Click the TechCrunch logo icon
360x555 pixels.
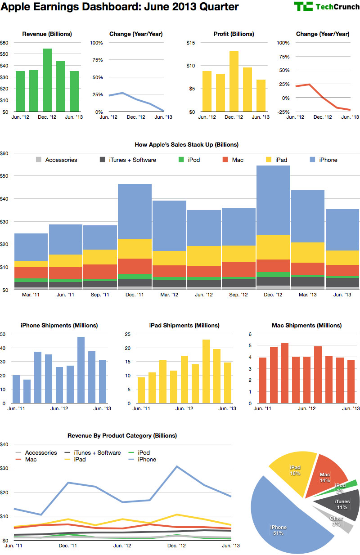pos(303,6)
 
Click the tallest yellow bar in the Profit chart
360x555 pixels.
pos(234,81)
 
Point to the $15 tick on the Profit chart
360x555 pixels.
pos(190,43)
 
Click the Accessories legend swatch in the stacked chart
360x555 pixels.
pos(39,160)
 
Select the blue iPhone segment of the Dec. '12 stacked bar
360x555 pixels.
pos(273,200)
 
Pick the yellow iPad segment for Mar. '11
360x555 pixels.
pos(31,264)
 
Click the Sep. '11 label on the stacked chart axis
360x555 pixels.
pos(99,295)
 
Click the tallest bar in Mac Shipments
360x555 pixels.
pos(284,373)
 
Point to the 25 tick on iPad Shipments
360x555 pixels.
pos(127,334)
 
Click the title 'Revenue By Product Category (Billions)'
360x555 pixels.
pos(122,436)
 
